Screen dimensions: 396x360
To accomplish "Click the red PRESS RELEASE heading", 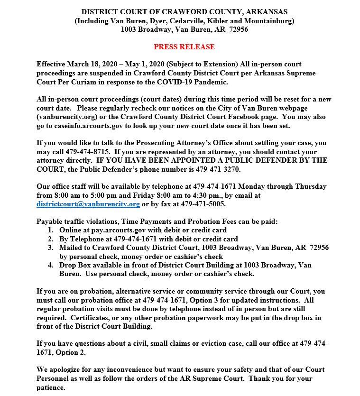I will pos(184,47).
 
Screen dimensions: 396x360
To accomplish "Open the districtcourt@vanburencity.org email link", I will pos(88,204).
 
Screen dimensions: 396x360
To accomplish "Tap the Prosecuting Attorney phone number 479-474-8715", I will pos(88,151).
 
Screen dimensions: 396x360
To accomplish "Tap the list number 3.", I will pos(51,248).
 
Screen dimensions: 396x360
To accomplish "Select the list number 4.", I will pos(51,265).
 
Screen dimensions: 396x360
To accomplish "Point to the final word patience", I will pos(51,387).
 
